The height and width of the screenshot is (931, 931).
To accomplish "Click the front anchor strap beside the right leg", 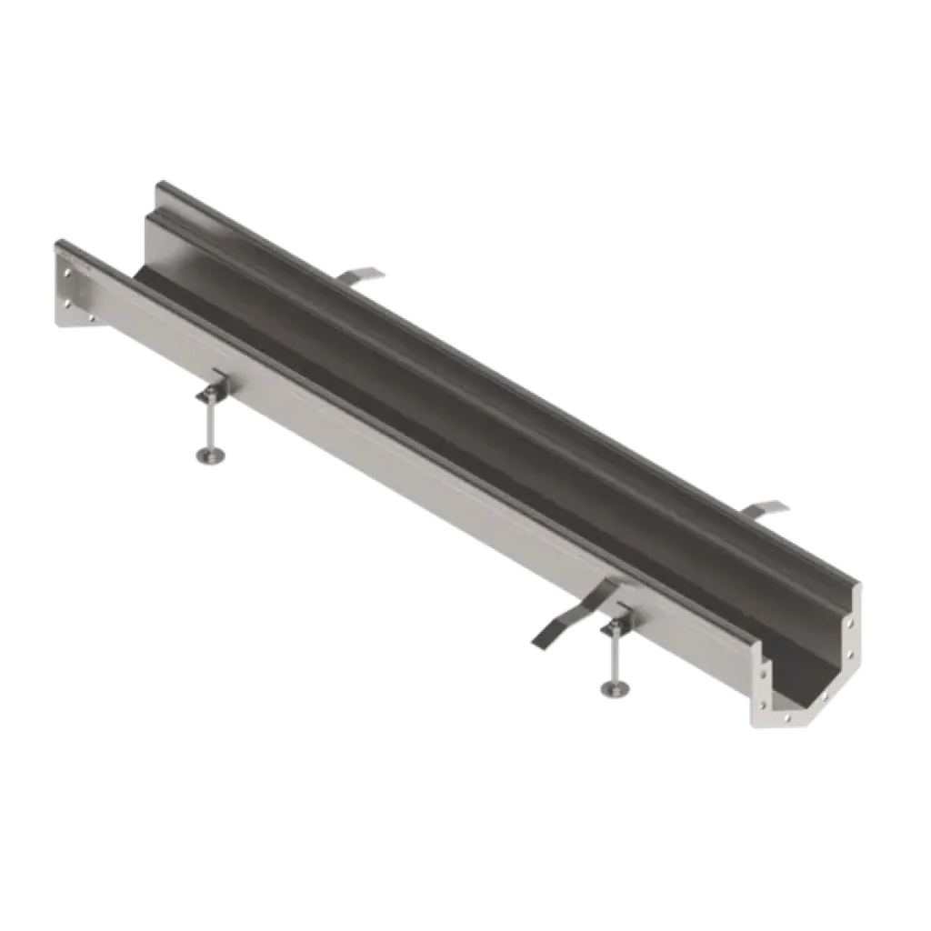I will pyautogui.click(x=555, y=627).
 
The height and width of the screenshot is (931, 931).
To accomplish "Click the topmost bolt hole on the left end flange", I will pyautogui.click(x=66, y=271).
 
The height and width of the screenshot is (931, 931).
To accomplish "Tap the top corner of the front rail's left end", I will pyautogui.click(x=56, y=238).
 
